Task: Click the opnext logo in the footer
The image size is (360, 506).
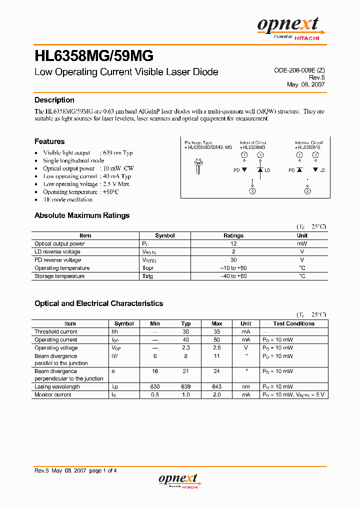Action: [178, 480]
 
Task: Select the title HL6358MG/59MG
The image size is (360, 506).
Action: [93, 55]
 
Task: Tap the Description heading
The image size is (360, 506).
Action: [54, 100]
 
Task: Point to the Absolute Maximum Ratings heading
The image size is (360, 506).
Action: [81, 215]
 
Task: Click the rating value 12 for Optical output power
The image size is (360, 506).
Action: [233, 243]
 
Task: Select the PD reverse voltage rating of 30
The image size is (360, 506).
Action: [233, 260]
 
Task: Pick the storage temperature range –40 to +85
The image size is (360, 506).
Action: [233, 276]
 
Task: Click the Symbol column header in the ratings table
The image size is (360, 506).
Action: [164, 235]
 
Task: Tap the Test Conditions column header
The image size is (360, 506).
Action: [293, 323]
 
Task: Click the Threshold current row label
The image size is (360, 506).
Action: [56, 331]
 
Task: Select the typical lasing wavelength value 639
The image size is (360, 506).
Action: [185, 386]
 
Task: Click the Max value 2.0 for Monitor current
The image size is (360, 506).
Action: [216, 394]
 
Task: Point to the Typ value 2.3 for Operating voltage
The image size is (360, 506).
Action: [185, 347]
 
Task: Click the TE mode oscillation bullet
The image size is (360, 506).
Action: [67, 199]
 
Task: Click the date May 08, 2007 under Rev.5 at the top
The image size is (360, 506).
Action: [305, 84]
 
